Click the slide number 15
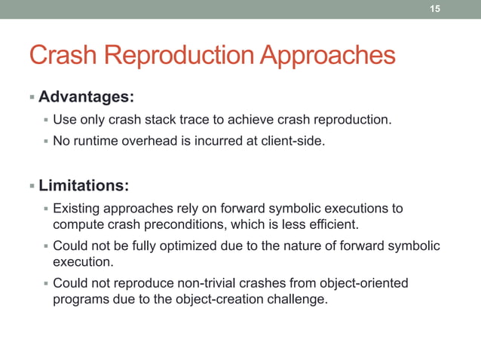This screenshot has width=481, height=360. tap(434, 8)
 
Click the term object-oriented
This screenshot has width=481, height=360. tap(361, 283)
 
